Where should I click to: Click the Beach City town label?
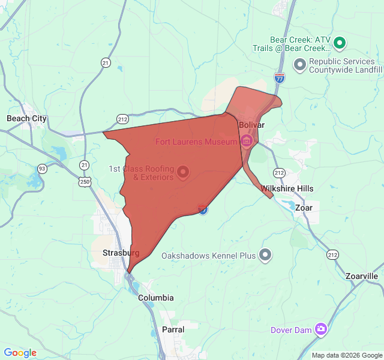click(x=26, y=119)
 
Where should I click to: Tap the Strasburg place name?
click(x=121, y=253)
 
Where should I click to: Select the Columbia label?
click(x=156, y=298)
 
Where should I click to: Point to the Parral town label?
click(x=173, y=329)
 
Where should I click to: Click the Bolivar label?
click(x=251, y=125)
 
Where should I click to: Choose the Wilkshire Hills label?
click(x=287, y=188)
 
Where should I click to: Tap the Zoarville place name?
click(x=362, y=276)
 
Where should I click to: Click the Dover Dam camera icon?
click(x=322, y=329)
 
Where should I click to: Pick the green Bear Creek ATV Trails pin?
click(x=340, y=43)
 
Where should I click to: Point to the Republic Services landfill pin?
click(x=299, y=64)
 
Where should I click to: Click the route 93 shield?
click(x=42, y=168)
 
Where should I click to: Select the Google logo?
click(x=20, y=353)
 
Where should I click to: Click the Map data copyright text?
click(x=347, y=355)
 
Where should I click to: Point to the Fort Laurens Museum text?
click(x=197, y=142)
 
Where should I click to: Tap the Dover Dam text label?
click(x=291, y=329)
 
